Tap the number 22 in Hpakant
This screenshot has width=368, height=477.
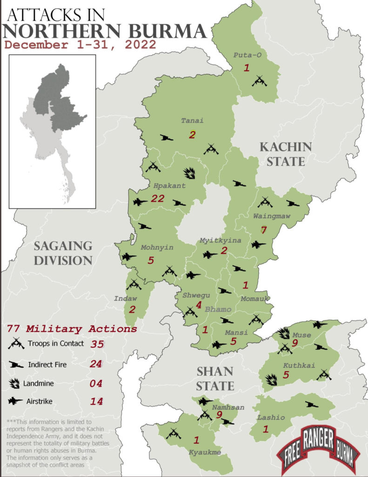tap(158, 198)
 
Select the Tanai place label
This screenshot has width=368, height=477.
tap(189, 121)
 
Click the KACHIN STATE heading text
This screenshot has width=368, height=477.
tap(285, 154)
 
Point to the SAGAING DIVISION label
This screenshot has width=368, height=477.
tap(62, 252)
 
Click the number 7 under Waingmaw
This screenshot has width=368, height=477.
tap(263, 230)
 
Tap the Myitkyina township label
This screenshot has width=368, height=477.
tap(220, 240)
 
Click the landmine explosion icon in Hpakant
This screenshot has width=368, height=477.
tap(189, 174)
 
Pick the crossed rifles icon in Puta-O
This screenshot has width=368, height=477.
tap(259, 81)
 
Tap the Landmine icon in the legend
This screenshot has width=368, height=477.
tap(15, 383)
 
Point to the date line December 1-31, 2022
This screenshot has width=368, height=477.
tap(80, 45)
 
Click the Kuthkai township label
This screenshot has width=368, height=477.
tap(299, 366)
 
